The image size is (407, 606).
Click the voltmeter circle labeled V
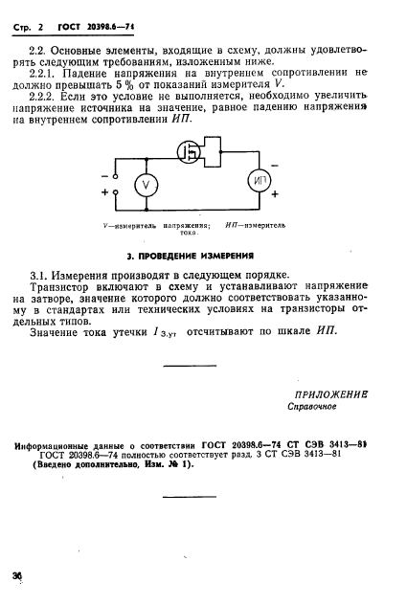pos(146,185)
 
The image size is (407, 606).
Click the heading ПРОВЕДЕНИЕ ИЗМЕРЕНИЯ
pos(190,256)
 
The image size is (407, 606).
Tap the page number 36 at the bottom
pos(17,574)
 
